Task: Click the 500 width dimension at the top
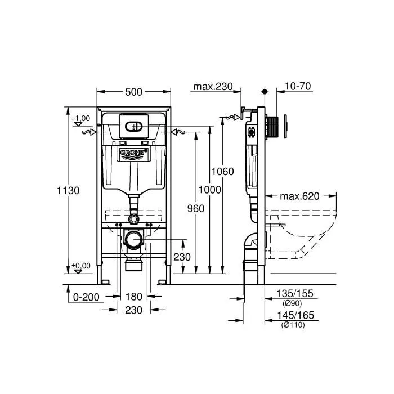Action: tap(134, 92)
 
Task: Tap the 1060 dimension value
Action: tap(223, 172)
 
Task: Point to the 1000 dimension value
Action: tap(210, 190)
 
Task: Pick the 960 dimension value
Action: tap(195, 208)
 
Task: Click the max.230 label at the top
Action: tap(213, 87)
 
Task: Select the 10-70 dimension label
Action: tap(298, 87)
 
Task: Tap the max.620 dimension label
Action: tap(299, 196)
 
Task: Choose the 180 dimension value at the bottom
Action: tap(134, 297)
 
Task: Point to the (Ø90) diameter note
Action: tap(292, 303)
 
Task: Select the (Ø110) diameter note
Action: tap(293, 325)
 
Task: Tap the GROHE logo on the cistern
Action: tap(134, 153)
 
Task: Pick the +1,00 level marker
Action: tap(80, 118)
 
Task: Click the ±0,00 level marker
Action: tap(81, 265)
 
